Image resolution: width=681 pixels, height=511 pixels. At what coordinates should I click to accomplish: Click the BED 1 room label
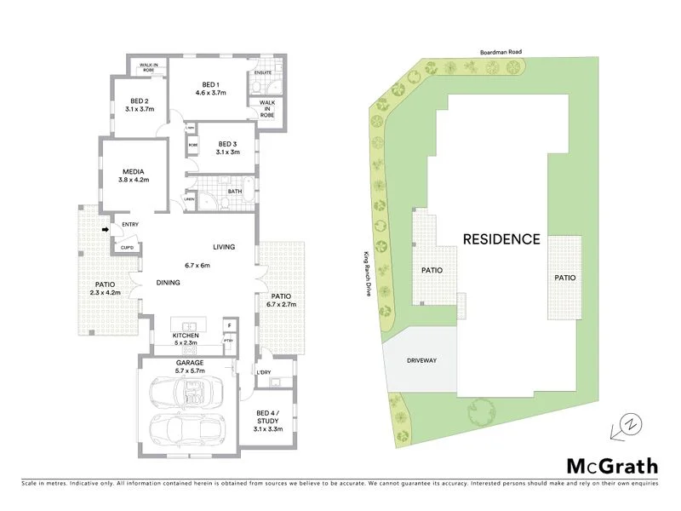210,83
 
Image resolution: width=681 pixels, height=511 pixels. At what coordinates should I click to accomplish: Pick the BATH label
235,192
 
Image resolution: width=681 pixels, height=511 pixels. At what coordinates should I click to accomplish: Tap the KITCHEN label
186,336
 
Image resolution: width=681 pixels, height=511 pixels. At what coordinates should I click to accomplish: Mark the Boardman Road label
499,51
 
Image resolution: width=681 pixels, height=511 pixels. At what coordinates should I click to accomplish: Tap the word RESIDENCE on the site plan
501,239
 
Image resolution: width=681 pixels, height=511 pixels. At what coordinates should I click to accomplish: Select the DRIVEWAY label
423,361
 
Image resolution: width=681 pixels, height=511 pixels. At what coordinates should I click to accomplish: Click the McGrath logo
612,465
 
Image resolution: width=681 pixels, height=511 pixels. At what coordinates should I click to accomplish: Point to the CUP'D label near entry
127,247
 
